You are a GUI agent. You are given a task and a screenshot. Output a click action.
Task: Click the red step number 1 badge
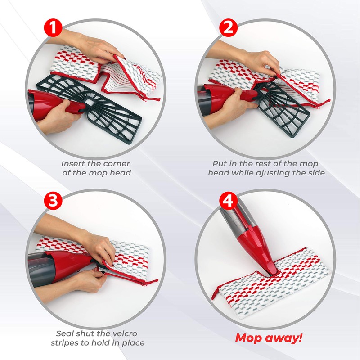click(x=54, y=28)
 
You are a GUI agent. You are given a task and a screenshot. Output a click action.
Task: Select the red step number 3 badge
click(x=54, y=201)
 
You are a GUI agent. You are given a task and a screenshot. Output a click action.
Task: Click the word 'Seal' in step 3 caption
click(x=66, y=333)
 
